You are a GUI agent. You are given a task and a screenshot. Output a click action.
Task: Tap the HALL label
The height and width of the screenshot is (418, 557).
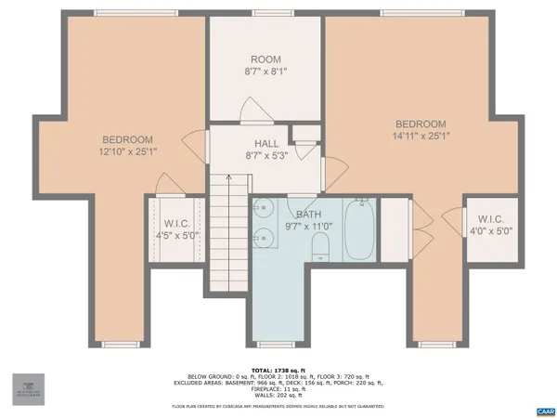click(x=266, y=143)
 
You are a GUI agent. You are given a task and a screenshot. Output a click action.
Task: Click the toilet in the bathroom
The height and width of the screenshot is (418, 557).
click(x=321, y=246)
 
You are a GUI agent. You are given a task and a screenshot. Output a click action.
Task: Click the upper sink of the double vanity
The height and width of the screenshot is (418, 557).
click(x=263, y=209)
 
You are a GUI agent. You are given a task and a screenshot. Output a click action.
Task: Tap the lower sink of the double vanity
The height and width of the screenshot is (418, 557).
click(x=263, y=238)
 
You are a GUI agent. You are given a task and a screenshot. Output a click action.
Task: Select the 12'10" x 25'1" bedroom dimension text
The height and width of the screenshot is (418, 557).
click(x=127, y=150)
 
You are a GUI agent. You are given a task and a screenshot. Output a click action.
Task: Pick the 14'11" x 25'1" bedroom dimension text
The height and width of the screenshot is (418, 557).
click(x=421, y=136)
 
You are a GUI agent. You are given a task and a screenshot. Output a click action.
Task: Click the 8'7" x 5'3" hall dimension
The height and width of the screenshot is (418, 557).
click(x=266, y=155)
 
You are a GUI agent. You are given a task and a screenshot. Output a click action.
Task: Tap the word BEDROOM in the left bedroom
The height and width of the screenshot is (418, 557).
click(x=127, y=139)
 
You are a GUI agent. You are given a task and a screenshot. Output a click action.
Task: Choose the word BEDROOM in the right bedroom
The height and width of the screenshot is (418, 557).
click(x=421, y=124)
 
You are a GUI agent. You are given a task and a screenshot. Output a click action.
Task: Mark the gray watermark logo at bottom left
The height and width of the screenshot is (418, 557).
click(x=27, y=388)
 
